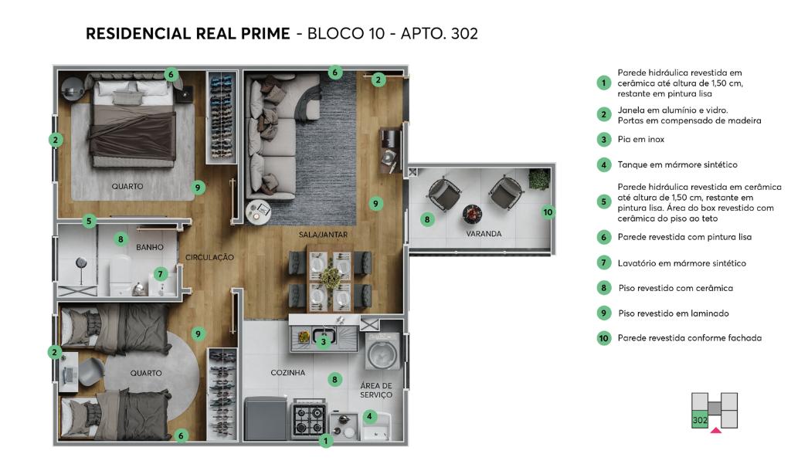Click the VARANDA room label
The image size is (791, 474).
coord(484,233)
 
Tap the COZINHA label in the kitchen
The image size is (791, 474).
coord(287,373)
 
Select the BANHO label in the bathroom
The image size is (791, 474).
coord(150,247)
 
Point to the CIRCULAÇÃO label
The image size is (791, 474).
coord(209,257)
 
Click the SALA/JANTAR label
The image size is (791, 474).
coord(323,235)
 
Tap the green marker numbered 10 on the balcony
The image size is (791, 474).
coord(548,212)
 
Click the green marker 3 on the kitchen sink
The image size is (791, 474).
coord(324,342)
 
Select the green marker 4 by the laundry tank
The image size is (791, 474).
coord(370,417)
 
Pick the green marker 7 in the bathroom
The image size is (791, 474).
coord(160,274)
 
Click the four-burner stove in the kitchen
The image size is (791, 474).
coord(309,419)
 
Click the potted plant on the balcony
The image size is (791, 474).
coord(539,179)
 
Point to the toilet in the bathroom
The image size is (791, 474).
coord(121,276)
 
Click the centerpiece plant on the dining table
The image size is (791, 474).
coord(331,277)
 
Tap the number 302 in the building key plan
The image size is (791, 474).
coord(700,420)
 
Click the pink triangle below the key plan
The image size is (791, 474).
coord(716,430)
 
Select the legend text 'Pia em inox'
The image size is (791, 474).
coord(640,139)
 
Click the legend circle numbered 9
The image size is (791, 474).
coord(604,313)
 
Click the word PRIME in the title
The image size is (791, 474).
coord(266,34)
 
